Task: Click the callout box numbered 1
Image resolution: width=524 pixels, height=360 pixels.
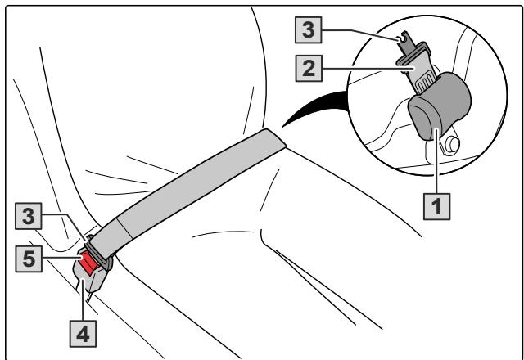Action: pos(436,206)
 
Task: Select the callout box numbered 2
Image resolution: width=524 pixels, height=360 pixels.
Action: pos(309,69)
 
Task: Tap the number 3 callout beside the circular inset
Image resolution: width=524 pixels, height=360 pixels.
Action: pos(309,29)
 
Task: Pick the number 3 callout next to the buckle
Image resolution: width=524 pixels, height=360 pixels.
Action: pos(29,216)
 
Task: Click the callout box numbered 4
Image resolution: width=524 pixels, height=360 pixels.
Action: pos(83,334)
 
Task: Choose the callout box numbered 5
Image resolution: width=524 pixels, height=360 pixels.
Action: pos(29,259)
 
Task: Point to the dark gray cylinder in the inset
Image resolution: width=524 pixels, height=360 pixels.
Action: pos(440,106)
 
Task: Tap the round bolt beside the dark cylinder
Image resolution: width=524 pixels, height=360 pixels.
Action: pos(454,145)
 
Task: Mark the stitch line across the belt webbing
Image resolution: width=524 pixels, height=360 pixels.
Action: pos(125,229)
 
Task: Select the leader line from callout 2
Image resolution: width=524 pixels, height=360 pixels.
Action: pos(368,69)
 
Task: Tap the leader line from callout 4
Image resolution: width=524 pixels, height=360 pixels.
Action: pos(82,300)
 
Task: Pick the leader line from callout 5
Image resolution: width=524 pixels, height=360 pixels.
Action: pos(62,258)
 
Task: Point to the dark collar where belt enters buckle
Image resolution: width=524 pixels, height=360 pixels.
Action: pos(99,253)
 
